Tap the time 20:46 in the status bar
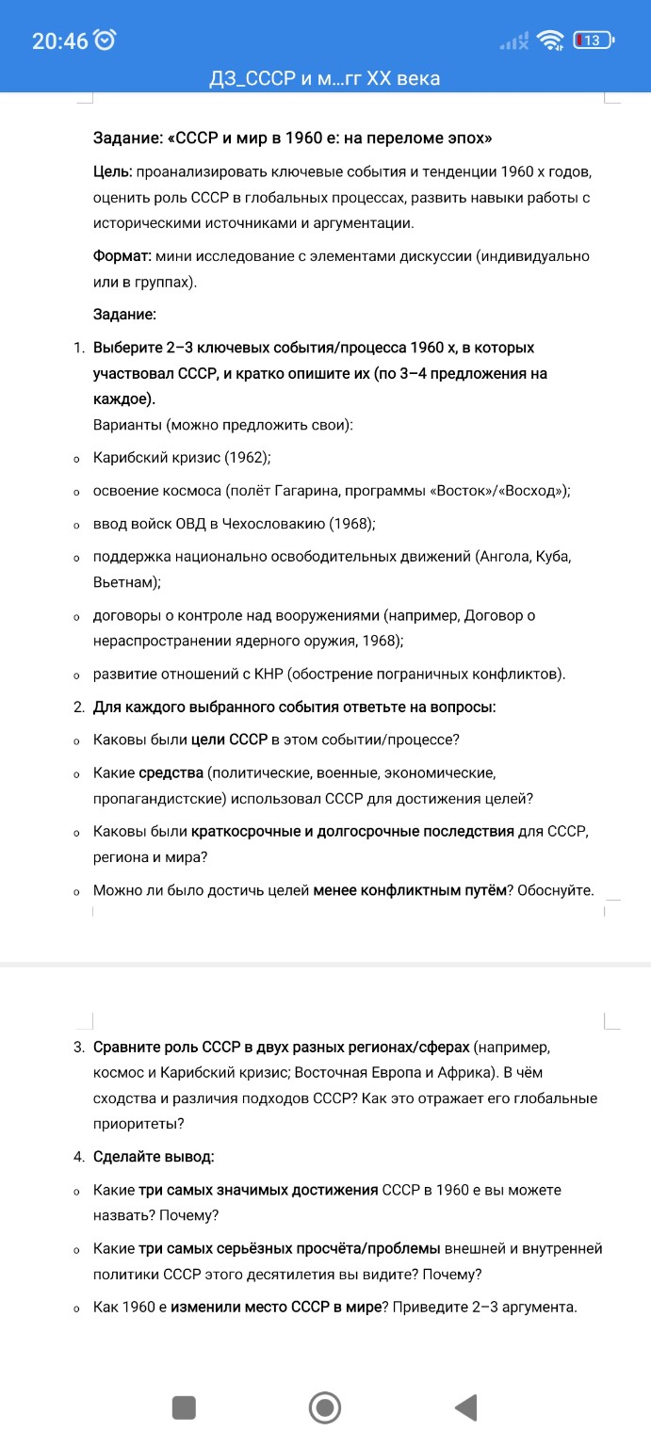[x=59, y=41]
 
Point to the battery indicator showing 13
[x=594, y=41]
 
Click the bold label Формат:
[x=122, y=256]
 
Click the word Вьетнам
[x=123, y=583]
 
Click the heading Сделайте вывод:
[x=154, y=1156]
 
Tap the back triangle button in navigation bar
[x=464, y=1407]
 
